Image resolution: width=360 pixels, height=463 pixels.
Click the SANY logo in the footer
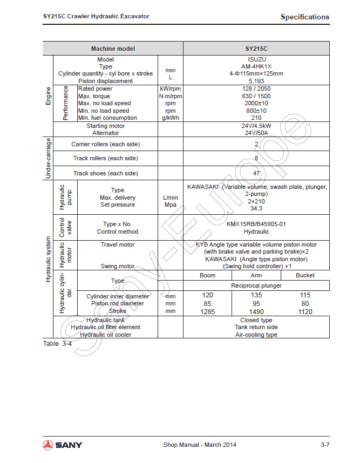tap(63, 445)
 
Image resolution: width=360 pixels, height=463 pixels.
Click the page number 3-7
tap(324, 445)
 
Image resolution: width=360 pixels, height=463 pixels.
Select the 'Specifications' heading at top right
tap(304, 17)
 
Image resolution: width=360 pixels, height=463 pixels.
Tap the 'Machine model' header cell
tap(113, 49)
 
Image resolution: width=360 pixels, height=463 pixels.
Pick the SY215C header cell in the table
tap(256, 49)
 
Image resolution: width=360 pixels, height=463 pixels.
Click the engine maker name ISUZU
tap(256, 59)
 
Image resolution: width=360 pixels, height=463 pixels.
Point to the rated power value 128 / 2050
tap(256, 88)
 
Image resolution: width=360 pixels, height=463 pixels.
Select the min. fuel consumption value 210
tap(256, 118)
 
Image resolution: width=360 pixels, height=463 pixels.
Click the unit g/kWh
tap(171, 118)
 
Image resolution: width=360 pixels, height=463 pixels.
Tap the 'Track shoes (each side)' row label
tap(106, 173)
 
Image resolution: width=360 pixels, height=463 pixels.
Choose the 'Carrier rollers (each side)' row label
tap(105, 144)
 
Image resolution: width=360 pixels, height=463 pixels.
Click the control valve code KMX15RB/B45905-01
tap(256, 224)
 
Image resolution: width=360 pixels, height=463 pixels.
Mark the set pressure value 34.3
tap(256, 208)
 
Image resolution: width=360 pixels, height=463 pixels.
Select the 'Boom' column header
tap(208, 275)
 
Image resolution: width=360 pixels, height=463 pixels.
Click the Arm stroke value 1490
tap(256, 311)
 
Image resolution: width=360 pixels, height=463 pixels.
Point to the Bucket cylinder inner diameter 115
tap(305, 295)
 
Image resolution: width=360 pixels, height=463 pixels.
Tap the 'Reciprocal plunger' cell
tap(256, 285)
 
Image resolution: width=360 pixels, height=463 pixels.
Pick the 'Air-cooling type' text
tap(256, 335)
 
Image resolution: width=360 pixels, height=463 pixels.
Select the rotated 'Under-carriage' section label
tap(48, 158)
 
